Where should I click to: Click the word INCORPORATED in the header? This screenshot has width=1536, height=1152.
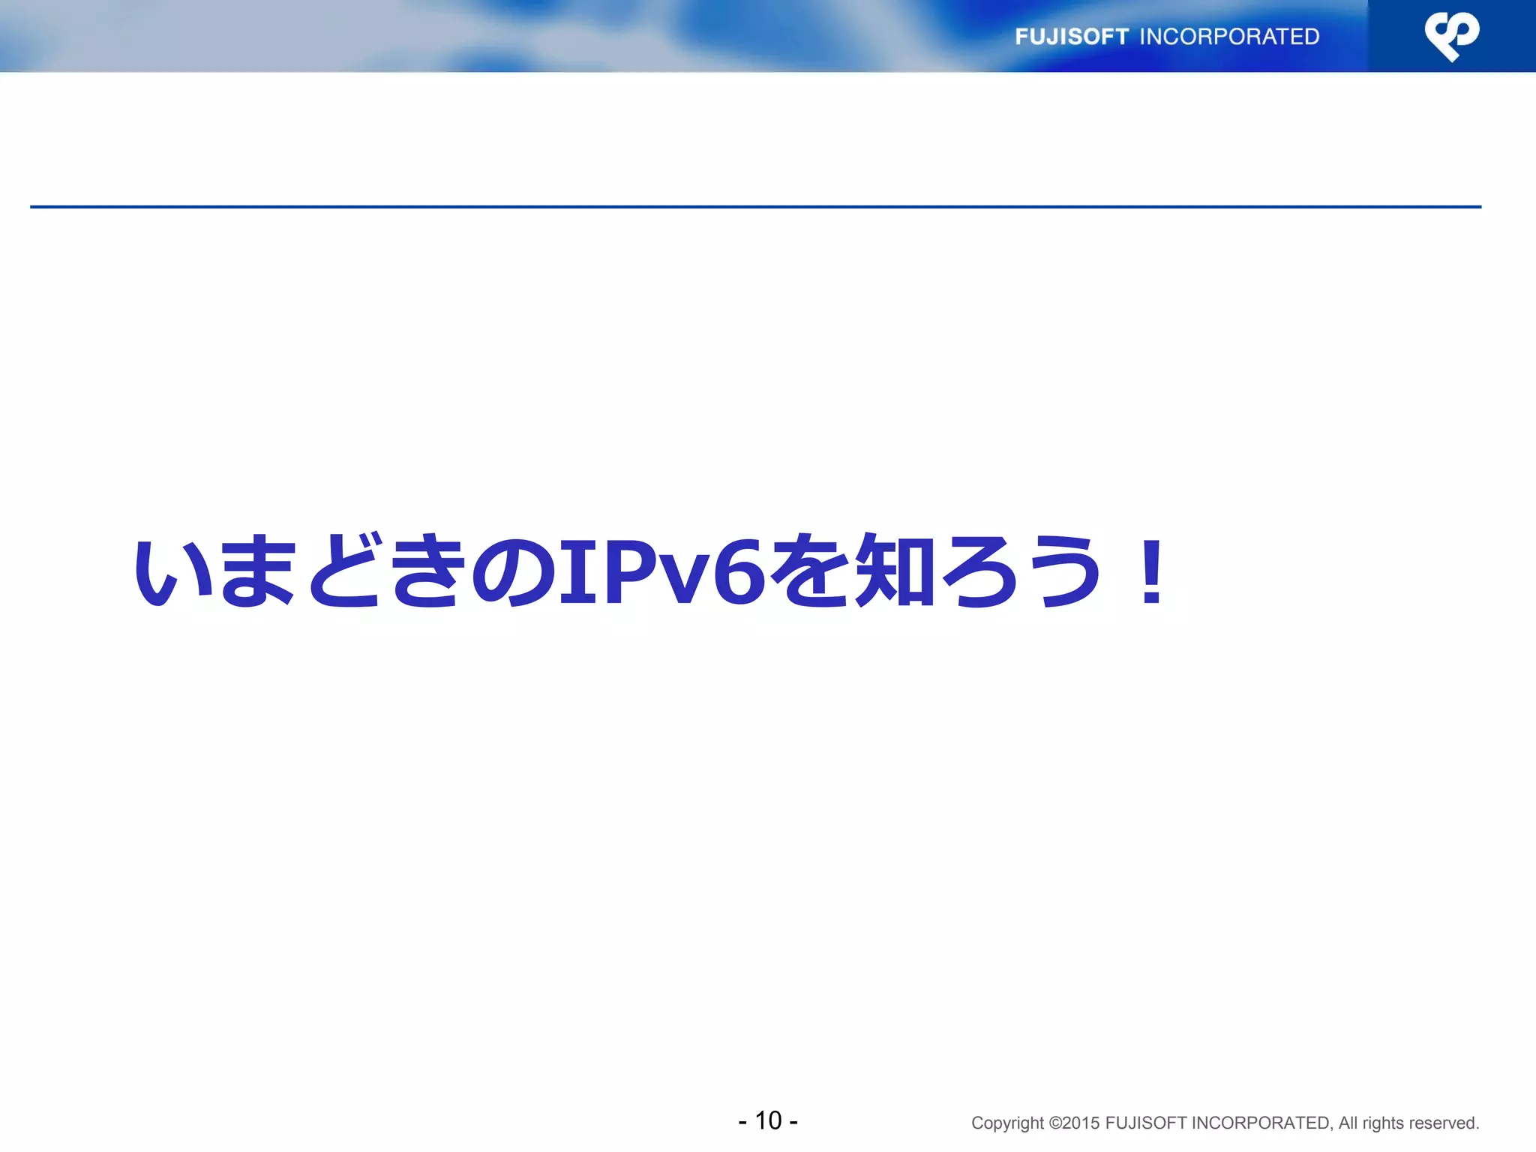click(x=1229, y=37)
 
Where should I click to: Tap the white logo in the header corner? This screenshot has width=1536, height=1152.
click(x=1452, y=35)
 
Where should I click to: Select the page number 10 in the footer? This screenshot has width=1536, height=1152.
click(x=768, y=1120)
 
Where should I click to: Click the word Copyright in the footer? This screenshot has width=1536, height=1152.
click(x=1006, y=1123)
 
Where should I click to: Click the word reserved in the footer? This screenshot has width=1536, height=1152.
click(x=1446, y=1123)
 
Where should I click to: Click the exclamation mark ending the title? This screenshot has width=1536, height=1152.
click(x=1151, y=571)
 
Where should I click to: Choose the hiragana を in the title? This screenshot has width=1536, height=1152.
click(x=811, y=571)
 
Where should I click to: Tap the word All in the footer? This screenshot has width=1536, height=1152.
click(x=1348, y=1123)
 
